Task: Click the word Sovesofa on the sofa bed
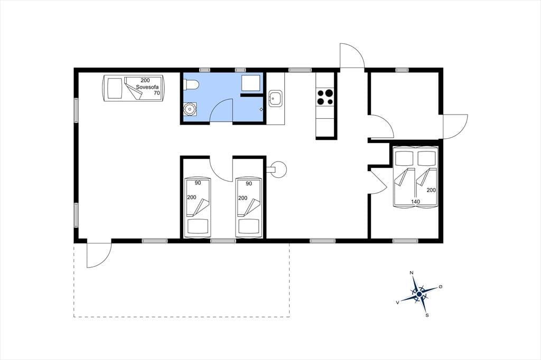click(147, 87)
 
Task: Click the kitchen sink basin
click(275, 99)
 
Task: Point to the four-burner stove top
click(325, 97)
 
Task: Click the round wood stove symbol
click(278, 169)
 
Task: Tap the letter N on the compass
click(411, 273)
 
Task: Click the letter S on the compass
click(427, 315)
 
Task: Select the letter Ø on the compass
click(440, 287)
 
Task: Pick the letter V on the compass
click(398, 302)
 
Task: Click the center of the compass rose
click(419, 294)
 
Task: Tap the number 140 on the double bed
click(415, 202)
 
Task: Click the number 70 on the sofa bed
click(156, 93)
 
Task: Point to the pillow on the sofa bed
click(114, 89)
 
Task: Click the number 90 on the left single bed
click(198, 183)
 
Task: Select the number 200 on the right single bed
click(243, 198)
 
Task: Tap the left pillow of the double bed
click(404, 158)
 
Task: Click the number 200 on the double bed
click(431, 190)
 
